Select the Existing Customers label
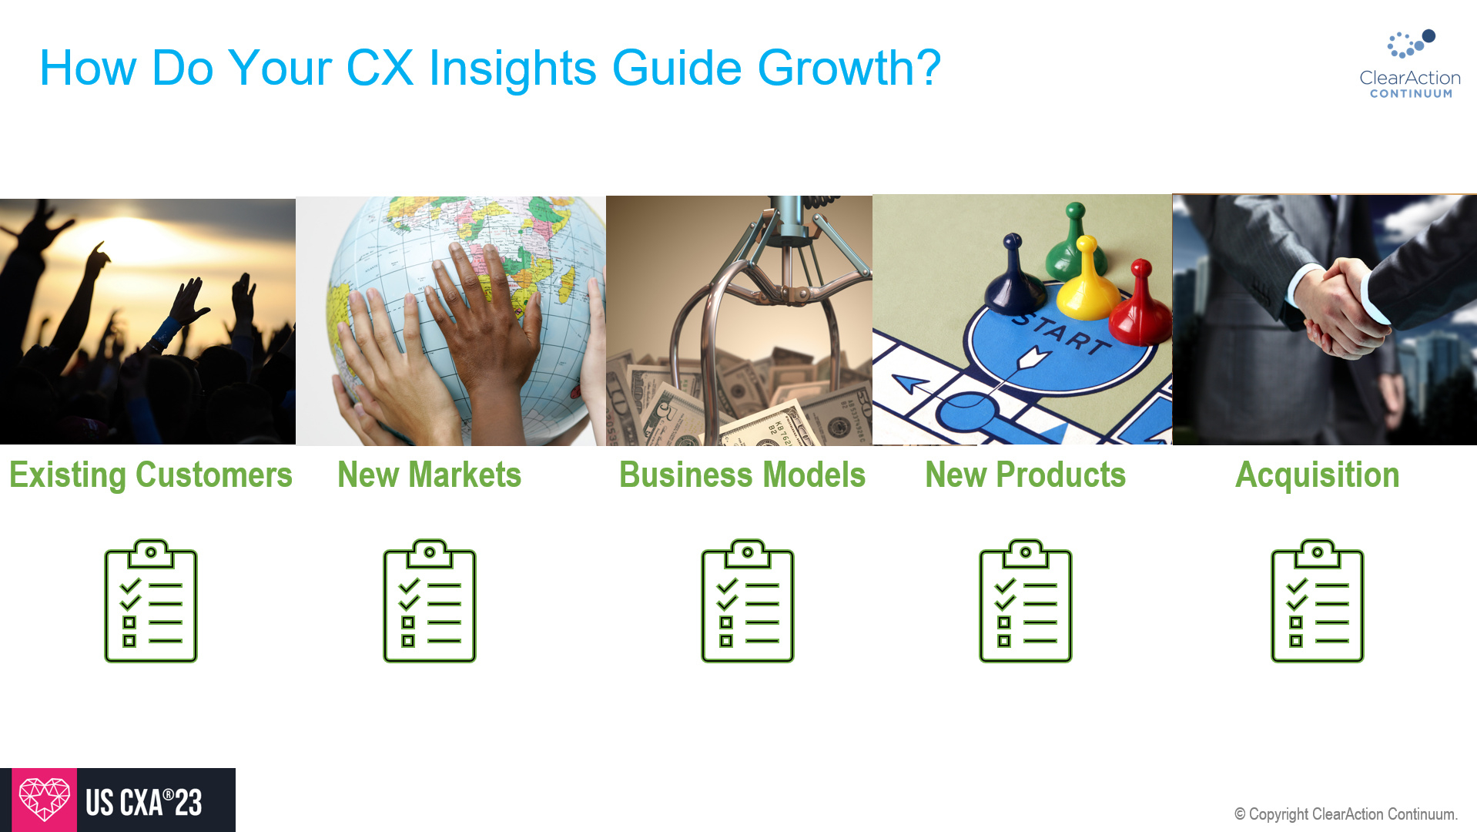click(151, 475)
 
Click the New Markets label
click(429, 475)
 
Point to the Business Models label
click(742, 475)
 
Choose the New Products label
click(1025, 475)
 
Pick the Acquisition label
click(1317, 475)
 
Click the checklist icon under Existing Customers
click(151, 601)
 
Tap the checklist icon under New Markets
click(430, 601)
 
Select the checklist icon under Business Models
click(747, 601)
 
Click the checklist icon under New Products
click(1025, 601)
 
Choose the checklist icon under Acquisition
click(1317, 601)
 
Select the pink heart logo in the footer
click(44, 800)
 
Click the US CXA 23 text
click(144, 803)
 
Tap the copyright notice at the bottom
click(1345, 814)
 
